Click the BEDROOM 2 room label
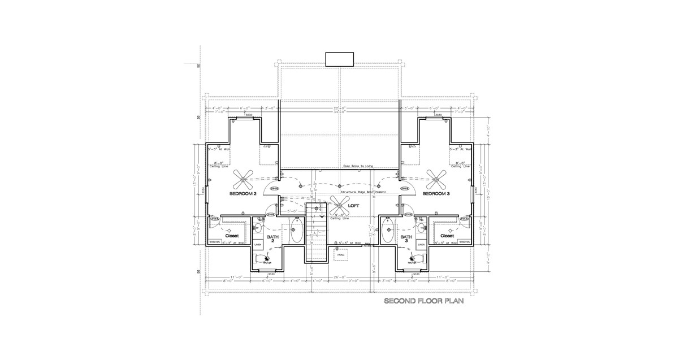(x=243, y=194)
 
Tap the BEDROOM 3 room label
(x=436, y=194)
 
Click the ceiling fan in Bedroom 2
(x=243, y=180)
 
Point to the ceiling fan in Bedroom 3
(x=436, y=180)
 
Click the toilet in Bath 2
(x=262, y=259)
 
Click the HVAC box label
(x=341, y=255)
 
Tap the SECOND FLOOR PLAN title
(x=424, y=301)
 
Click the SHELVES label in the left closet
(x=214, y=242)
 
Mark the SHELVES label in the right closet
(x=464, y=242)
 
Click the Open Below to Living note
(x=361, y=166)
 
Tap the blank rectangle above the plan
(x=340, y=59)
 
